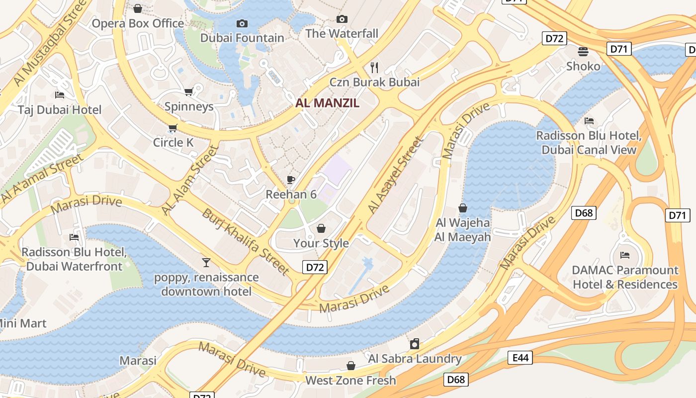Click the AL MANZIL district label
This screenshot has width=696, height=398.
(327, 103)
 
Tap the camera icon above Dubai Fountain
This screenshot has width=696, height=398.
(242, 23)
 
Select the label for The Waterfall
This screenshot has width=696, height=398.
(342, 34)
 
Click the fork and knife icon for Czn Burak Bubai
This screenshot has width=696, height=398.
(374, 67)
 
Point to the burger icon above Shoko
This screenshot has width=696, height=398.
(583, 52)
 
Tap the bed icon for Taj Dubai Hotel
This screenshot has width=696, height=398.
(60, 95)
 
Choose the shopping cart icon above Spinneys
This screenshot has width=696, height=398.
(188, 92)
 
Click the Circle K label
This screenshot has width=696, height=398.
(173, 143)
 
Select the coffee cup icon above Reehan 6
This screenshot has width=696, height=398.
(291, 180)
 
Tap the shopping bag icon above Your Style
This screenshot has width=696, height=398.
(321, 229)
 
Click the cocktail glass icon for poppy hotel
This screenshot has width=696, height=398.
(206, 262)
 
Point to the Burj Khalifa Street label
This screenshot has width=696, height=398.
(245, 242)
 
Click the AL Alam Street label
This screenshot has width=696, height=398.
(190, 181)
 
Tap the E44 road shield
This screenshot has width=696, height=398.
(520, 357)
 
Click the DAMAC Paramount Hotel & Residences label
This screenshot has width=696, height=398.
(625, 278)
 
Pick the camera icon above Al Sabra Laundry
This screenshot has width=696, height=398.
(415, 344)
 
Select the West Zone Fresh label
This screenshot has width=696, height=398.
(350, 381)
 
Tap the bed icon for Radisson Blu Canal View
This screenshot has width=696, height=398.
(589, 121)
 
